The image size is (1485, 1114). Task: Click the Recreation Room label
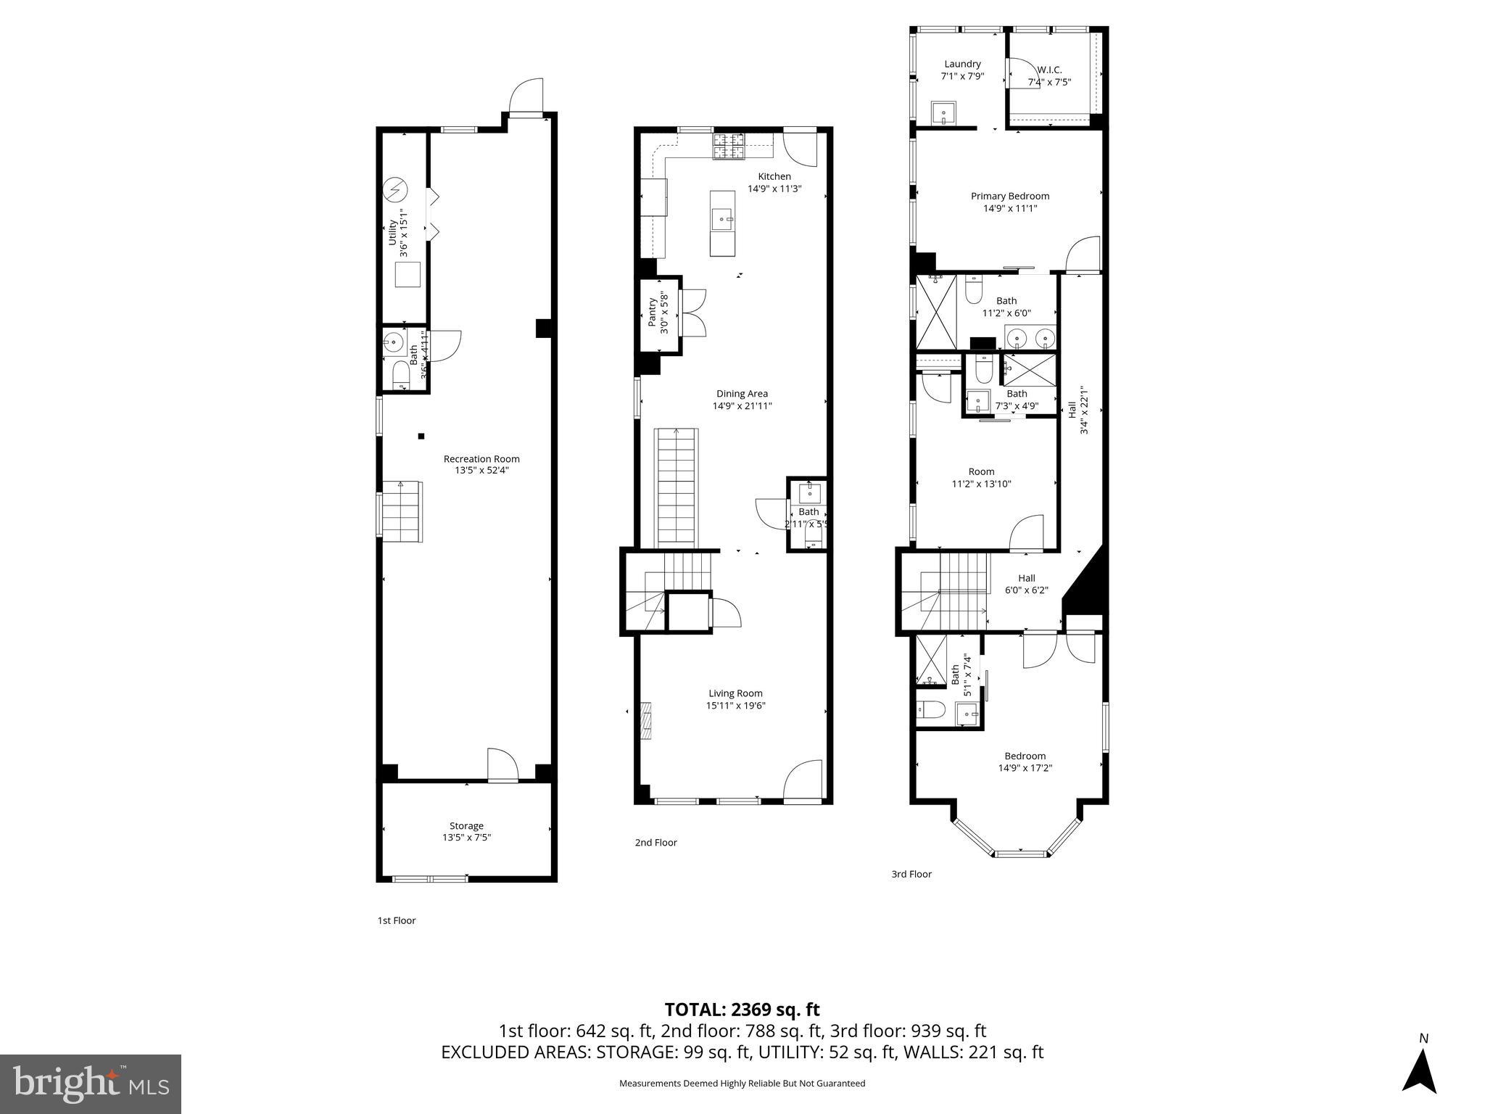pos(481,459)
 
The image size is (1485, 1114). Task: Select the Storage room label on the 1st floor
pos(466,825)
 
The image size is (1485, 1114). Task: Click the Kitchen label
pos(774,176)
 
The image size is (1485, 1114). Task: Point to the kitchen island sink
pos(721,218)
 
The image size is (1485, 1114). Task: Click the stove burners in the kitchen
pos(729,147)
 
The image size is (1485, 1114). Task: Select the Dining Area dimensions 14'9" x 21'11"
pos(742,406)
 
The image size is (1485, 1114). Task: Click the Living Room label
pos(735,693)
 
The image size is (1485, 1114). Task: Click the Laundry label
pos(962,64)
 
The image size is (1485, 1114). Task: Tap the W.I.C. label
pos(1049,70)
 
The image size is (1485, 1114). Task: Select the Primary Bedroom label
pos(1010,196)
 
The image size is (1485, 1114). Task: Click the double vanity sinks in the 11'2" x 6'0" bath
pos(1029,337)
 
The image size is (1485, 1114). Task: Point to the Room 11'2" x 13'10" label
pos(981,471)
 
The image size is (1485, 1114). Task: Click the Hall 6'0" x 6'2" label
pos(1026,578)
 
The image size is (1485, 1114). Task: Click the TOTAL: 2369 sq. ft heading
pos(742,1010)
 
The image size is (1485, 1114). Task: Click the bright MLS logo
pos(91,1084)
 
